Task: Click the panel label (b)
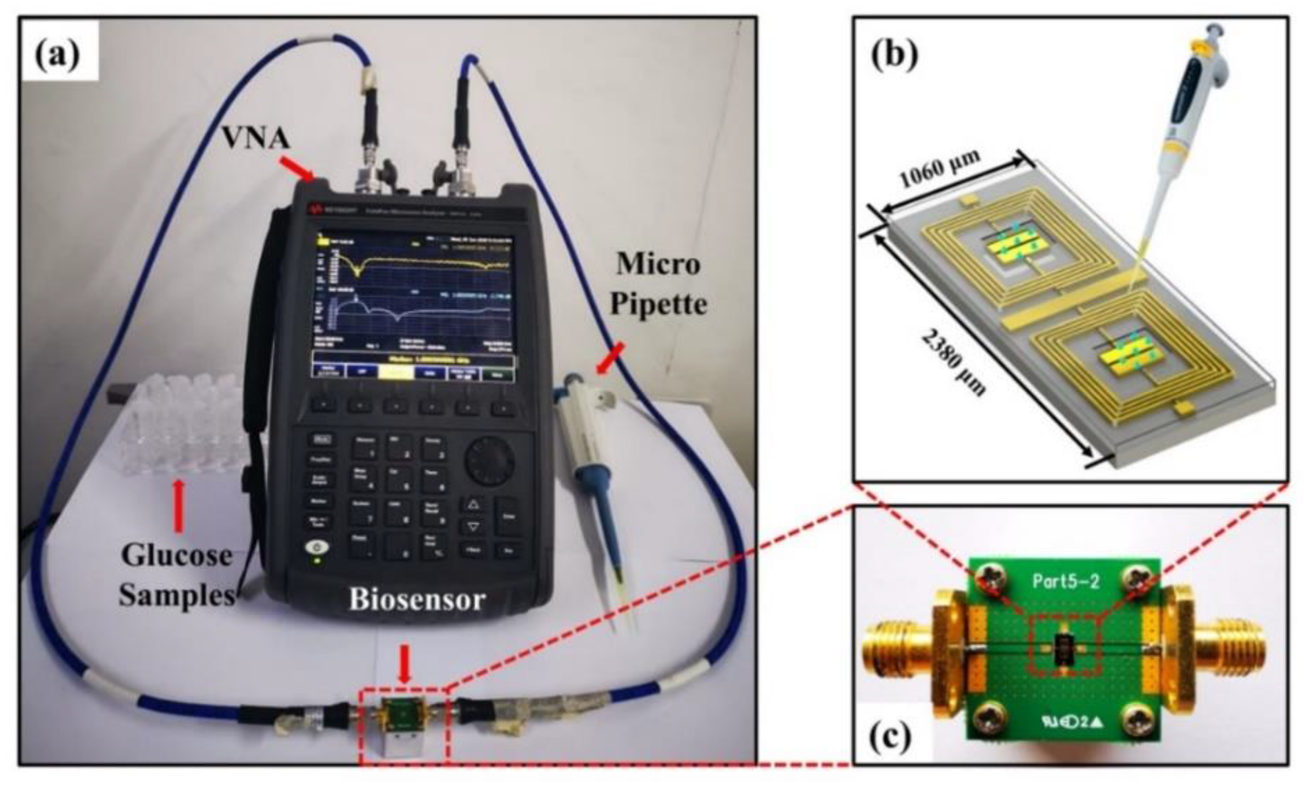pyautogui.click(x=894, y=53)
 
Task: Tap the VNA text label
pyautogui.click(x=255, y=138)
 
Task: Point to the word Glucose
pyautogui.click(x=177, y=555)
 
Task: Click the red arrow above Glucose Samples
pyautogui.click(x=179, y=506)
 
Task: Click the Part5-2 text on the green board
pyautogui.click(x=1066, y=582)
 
